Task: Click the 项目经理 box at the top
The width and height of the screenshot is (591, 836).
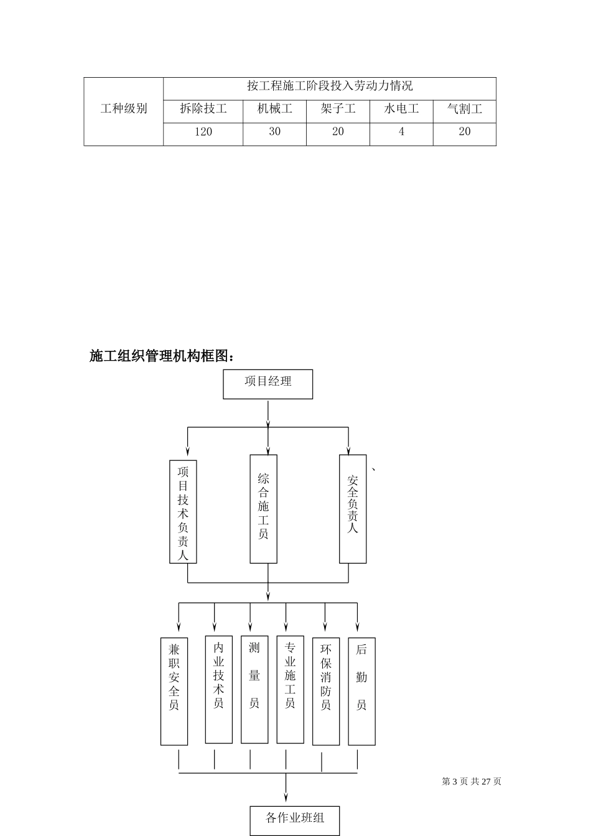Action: pos(268,384)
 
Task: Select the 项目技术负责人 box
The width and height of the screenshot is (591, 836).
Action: pos(183,511)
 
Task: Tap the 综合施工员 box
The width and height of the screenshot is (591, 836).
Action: pos(263,509)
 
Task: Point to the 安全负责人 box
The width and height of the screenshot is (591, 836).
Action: pos(353,509)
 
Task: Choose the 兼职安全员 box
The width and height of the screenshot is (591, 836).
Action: pos(174,691)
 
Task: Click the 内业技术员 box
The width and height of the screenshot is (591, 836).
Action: pos(218,689)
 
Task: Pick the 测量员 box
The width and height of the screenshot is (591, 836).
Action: pos(254,689)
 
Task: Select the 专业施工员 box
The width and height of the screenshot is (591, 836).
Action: pos(290,689)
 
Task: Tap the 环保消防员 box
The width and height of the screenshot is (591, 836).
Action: pos(326,691)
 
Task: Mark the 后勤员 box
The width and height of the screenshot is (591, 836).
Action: pos(361,691)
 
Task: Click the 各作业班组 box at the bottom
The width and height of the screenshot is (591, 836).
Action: pos(295,820)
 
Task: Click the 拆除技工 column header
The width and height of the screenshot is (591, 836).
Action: pos(203,109)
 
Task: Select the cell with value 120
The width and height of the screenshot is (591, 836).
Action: pos(203,132)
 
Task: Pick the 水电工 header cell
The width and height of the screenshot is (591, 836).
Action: pos(401,109)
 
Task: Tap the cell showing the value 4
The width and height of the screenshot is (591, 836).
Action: pos(401,132)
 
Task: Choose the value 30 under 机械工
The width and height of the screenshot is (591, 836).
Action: pos(274,132)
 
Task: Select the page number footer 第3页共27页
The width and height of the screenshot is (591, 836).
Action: pos(472,782)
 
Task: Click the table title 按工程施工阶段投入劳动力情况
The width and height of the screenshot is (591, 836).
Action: pos(330,86)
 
